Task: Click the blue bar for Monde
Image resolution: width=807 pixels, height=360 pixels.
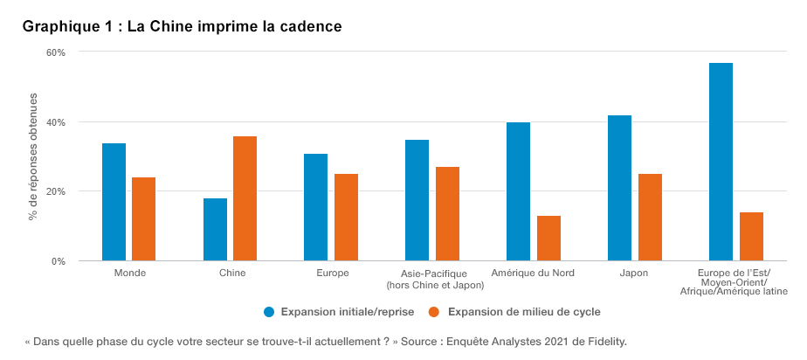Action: (x=114, y=202)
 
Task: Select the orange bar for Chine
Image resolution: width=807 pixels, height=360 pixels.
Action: (x=245, y=198)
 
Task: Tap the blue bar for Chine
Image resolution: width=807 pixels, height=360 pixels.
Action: (x=215, y=229)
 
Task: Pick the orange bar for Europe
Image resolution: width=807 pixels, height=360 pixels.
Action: (x=346, y=217)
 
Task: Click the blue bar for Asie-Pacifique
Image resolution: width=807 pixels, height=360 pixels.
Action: (x=417, y=200)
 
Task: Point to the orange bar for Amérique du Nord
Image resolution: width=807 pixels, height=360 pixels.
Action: (x=548, y=238)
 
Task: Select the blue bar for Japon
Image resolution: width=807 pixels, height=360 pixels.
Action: (x=619, y=188)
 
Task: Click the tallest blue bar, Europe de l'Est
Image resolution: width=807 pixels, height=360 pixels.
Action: (x=721, y=162)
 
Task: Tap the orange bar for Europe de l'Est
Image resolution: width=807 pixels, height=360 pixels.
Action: (x=751, y=236)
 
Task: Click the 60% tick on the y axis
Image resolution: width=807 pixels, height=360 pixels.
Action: (x=56, y=52)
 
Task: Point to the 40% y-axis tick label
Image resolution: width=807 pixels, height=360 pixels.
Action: (x=56, y=121)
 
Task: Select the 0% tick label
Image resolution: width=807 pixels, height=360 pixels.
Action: (x=59, y=261)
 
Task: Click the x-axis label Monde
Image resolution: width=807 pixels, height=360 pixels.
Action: (x=129, y=273)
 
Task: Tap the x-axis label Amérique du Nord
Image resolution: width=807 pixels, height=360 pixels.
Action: (x=533, y=273)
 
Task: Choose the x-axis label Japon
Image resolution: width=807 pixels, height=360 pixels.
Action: (x=634, y=273)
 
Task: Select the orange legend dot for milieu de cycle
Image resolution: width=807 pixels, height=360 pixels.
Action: (x=434, y=311)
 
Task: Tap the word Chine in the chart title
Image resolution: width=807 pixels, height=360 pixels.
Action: (x=169, y=26)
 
